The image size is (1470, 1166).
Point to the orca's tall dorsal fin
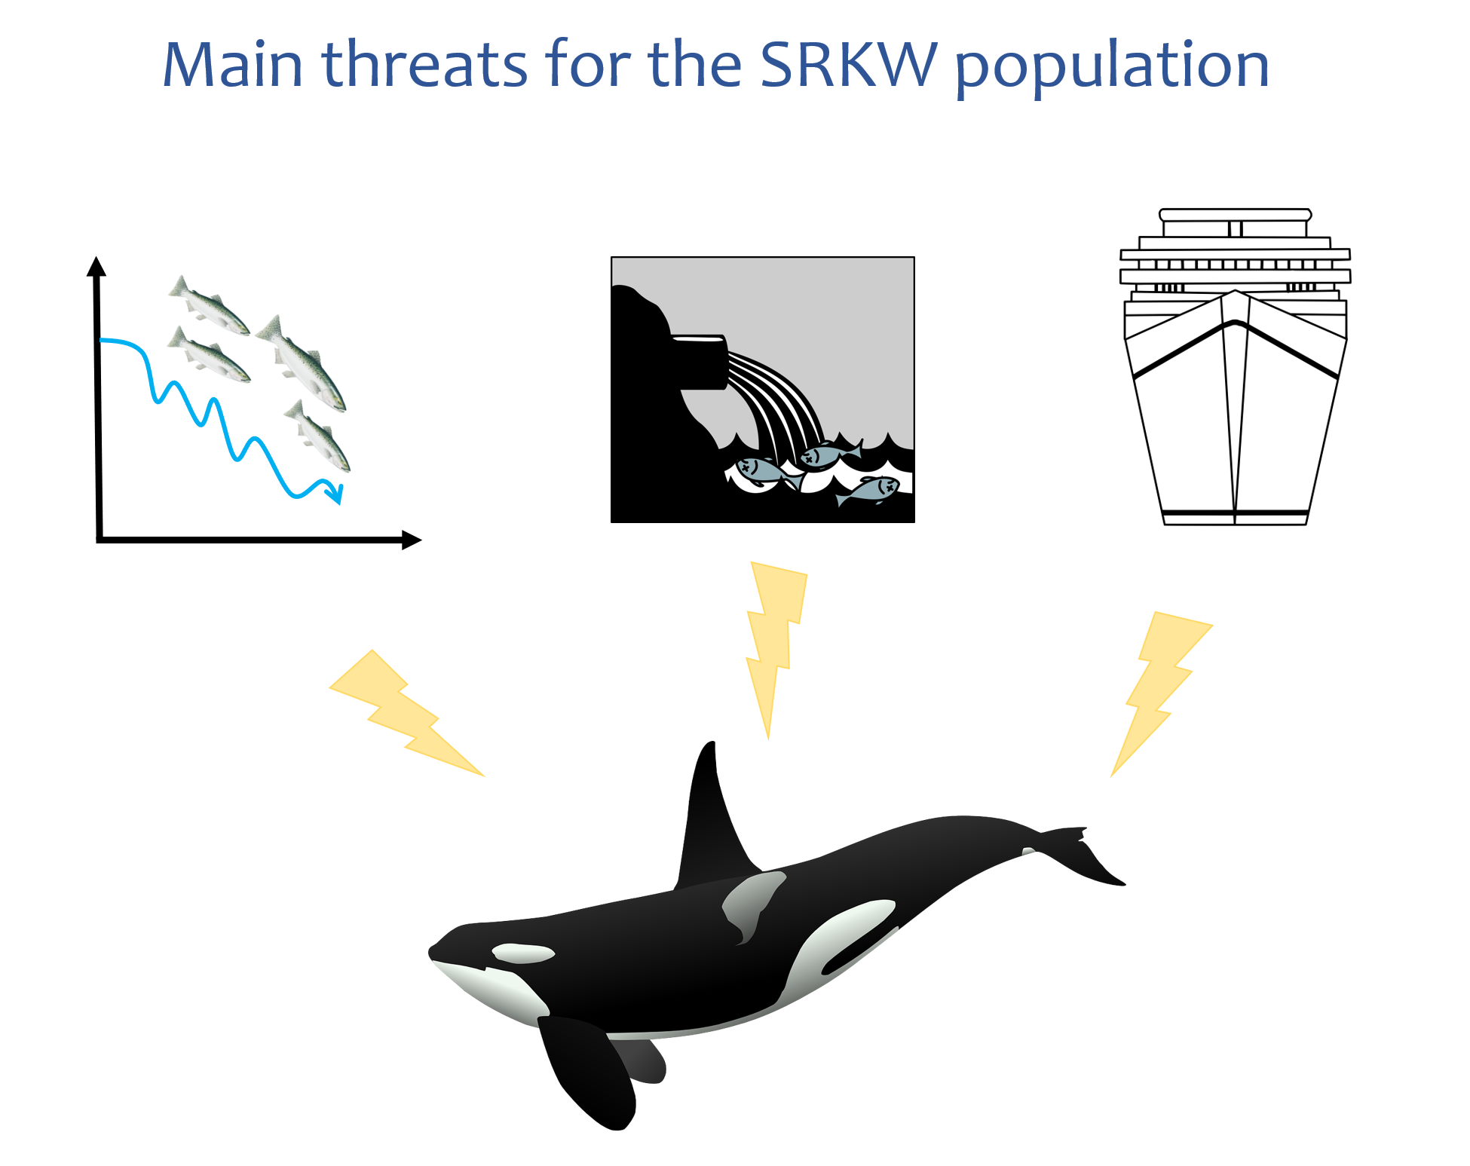[x=712, y=822]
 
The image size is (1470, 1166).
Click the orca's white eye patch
[x=522, y=953]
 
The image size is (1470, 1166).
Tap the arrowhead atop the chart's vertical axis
[x=96, y=266]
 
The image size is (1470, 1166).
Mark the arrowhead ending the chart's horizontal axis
[x=412, y=540]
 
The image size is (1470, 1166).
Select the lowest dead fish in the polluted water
[x=868, y=490]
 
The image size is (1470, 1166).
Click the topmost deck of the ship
[x=1236, y=215]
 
